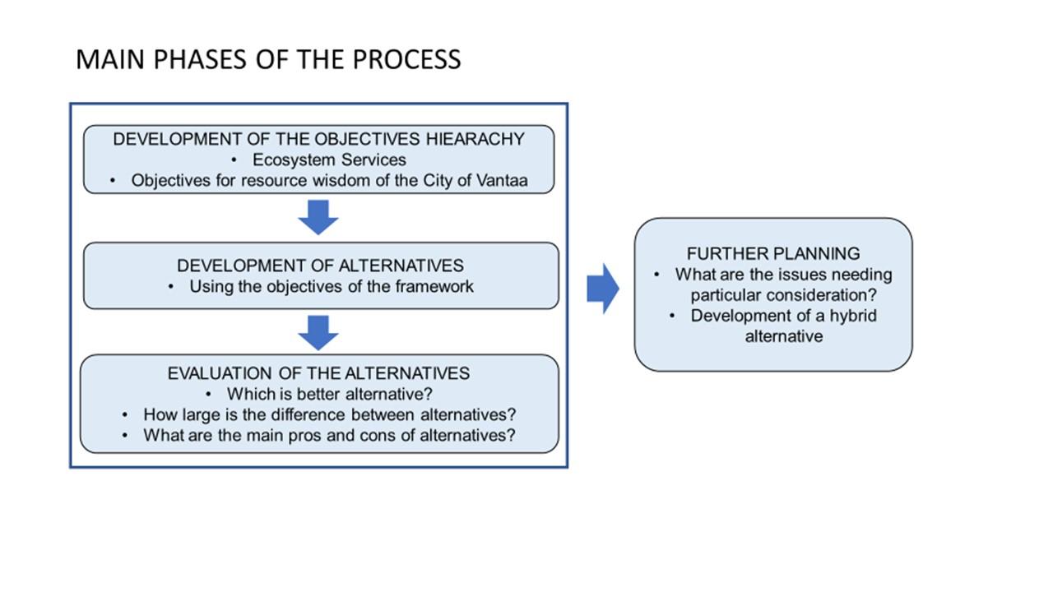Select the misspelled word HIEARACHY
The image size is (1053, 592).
[475, 139]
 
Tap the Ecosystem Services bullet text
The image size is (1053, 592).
[329, 160]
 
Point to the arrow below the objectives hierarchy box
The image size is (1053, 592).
[318, 218]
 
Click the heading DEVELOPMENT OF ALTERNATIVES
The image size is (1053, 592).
[320, 266]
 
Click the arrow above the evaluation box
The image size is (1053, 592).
[318, 333]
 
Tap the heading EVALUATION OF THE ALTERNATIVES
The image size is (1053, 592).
[318, 373]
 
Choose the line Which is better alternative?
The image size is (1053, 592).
[330, 394]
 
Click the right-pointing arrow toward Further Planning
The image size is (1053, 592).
[603, 289]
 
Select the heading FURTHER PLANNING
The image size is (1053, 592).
[773, 254]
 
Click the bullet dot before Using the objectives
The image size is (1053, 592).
[170, 287]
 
